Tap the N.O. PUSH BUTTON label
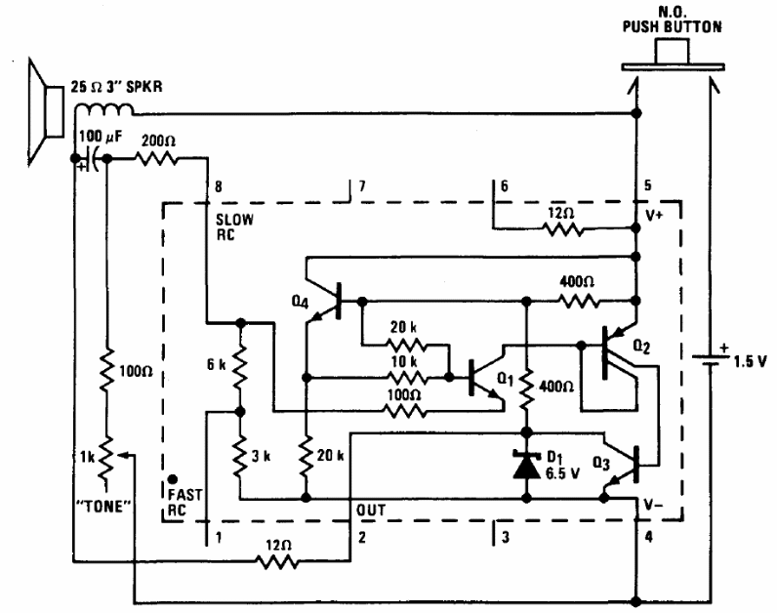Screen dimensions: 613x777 [x=673, y=19]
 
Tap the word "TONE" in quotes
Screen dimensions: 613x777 [x=104, y=508]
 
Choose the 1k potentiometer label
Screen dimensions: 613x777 [x=89, y=455]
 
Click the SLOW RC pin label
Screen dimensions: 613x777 [x=234, y=226]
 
